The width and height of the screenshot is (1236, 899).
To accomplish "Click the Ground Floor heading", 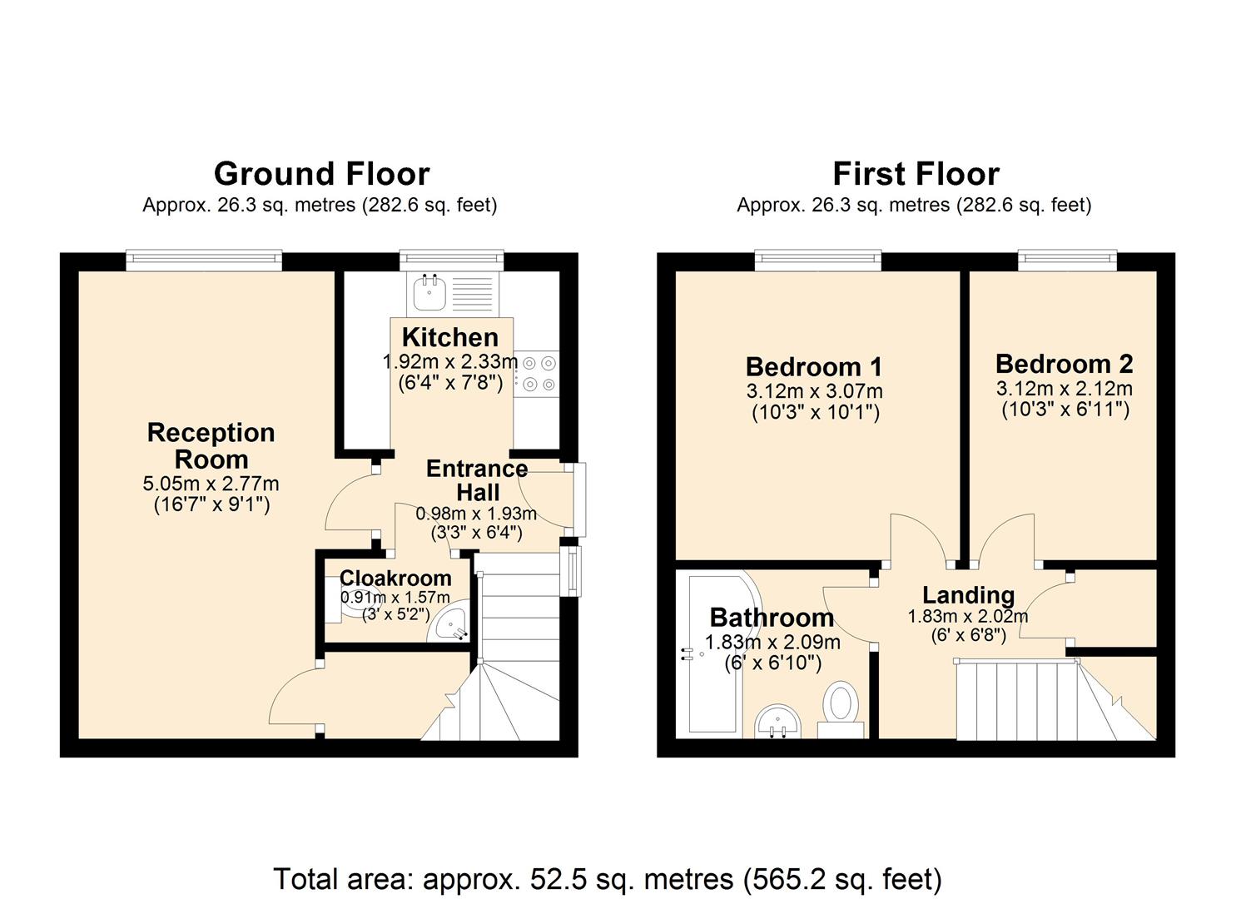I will [x=321, y=174].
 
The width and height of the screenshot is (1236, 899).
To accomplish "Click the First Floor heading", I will [x=916, y=174].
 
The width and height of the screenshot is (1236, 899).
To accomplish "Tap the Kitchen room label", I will [x=450, y=337].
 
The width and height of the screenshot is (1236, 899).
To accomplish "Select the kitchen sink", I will [x=430, y=292].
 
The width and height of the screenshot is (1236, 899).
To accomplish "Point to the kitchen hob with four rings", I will [x=538, y=374].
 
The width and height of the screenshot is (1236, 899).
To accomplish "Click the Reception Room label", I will [x=211, y=446].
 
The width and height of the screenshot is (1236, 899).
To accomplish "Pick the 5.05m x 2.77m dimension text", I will [x=211, y=484].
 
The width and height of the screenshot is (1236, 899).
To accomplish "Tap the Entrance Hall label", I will [x=477, y=480].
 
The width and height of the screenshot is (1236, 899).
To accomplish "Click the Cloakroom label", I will [x=395, y=578].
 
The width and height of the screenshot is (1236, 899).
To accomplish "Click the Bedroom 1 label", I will [x=814, y=366].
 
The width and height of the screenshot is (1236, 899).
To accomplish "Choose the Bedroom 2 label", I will [x=1064, y=364].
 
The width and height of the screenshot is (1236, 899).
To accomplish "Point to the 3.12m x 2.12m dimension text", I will [x=1064, y=389].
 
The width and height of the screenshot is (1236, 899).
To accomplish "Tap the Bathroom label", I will [x=772, y=618].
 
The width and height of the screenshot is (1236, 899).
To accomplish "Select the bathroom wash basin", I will [x=779, y=721].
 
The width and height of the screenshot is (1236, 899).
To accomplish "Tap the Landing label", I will [x=968, y=595].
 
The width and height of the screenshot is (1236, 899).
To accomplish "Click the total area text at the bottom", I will [x=608, y=879].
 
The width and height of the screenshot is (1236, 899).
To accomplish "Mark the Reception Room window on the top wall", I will [x=204, y=261].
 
